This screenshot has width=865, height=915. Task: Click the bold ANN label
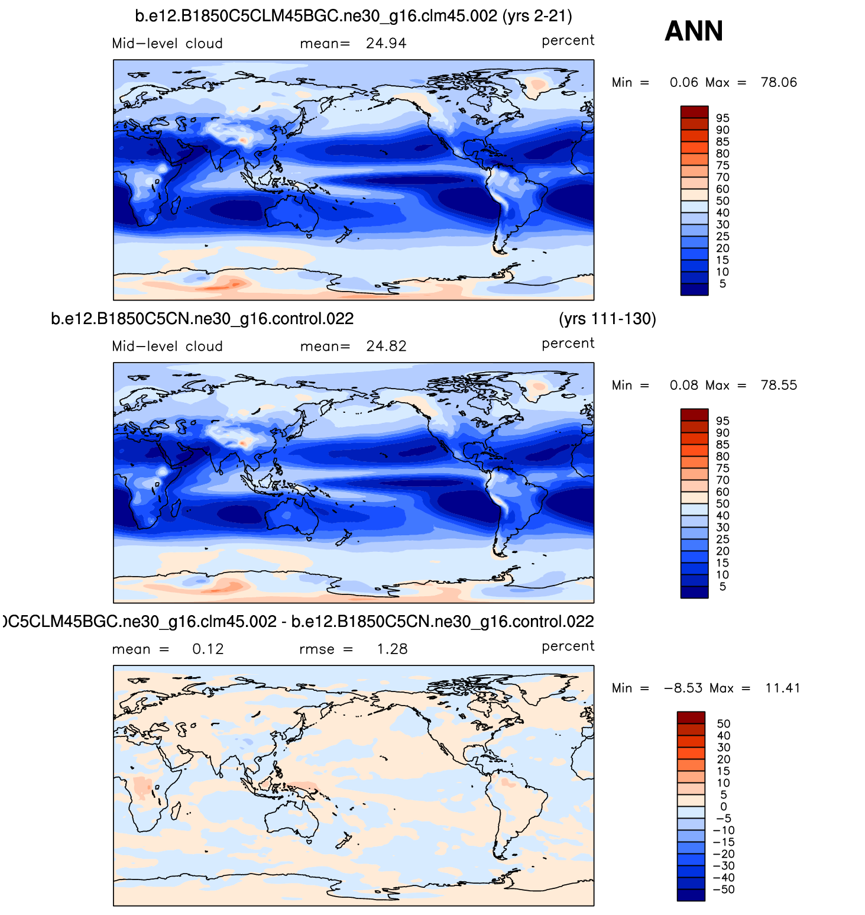[694, 31]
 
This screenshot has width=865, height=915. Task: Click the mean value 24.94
[386, 43]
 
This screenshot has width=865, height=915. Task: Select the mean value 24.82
[386, 346]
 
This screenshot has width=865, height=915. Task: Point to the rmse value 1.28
[392, 649]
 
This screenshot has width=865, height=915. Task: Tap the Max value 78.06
[779, 82]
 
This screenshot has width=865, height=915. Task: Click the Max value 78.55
[779, 385]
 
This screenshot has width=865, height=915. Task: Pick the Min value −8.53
[683, 688]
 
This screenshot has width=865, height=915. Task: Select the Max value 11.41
[782, 688]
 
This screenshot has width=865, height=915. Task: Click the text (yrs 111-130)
[607, 319]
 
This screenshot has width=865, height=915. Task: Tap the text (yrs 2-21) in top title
[537, 16]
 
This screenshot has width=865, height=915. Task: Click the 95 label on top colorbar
[723, 118]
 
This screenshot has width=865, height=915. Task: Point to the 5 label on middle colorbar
[723, 587]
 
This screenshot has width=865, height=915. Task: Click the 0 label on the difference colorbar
[724, 807]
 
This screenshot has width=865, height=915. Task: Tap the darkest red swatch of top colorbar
[694, 112]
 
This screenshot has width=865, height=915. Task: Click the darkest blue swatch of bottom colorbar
[691, 895]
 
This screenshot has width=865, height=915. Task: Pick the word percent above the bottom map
[568, 646]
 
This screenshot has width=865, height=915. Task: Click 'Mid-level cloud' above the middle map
[167, 346]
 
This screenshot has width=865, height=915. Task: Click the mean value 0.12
[208, 649]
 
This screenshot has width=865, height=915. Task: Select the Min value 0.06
[683, 82]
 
